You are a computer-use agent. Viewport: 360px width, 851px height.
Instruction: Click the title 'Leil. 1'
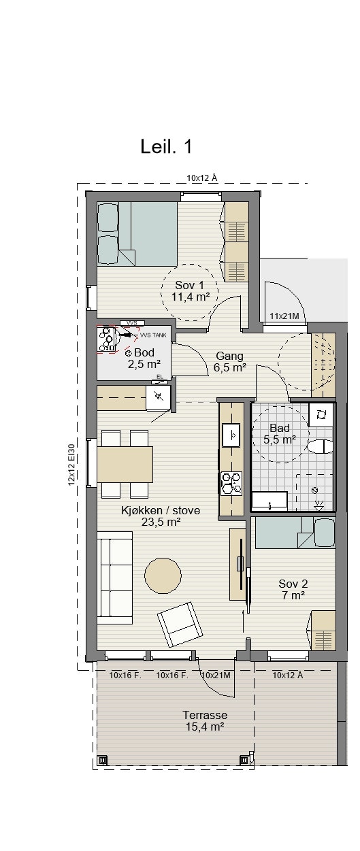point(166,146)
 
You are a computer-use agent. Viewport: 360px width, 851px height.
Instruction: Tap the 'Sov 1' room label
point(189,285)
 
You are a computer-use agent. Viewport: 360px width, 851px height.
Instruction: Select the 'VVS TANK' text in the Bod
point(153,335)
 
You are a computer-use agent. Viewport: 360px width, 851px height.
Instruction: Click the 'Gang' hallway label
point(229,356)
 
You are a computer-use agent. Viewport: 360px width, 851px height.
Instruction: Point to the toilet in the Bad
point(320,446)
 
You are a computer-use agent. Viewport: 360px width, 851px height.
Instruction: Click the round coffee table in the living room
point(163,575)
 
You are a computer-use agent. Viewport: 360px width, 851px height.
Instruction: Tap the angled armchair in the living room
point(180,624)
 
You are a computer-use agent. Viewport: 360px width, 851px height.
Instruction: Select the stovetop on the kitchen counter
point(231,483)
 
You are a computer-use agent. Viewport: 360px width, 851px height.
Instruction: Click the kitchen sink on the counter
point(231,435)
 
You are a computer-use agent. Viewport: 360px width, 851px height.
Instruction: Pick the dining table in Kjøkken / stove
point(125,464)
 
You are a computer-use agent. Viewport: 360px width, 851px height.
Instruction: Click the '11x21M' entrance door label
point(284,316)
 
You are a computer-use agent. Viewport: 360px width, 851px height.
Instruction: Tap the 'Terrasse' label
point(205,715)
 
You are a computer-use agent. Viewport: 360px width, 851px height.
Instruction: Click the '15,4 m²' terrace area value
point(205,727)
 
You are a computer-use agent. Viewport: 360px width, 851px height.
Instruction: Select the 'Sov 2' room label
point(293,584)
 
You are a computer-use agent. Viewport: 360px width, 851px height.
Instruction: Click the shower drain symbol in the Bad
point(314,490)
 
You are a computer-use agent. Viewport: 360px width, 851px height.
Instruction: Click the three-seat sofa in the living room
point(115,578)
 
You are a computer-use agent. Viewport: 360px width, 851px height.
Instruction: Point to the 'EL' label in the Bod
point(160,376)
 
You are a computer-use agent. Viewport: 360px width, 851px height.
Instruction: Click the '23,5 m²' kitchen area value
point(161,522)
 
